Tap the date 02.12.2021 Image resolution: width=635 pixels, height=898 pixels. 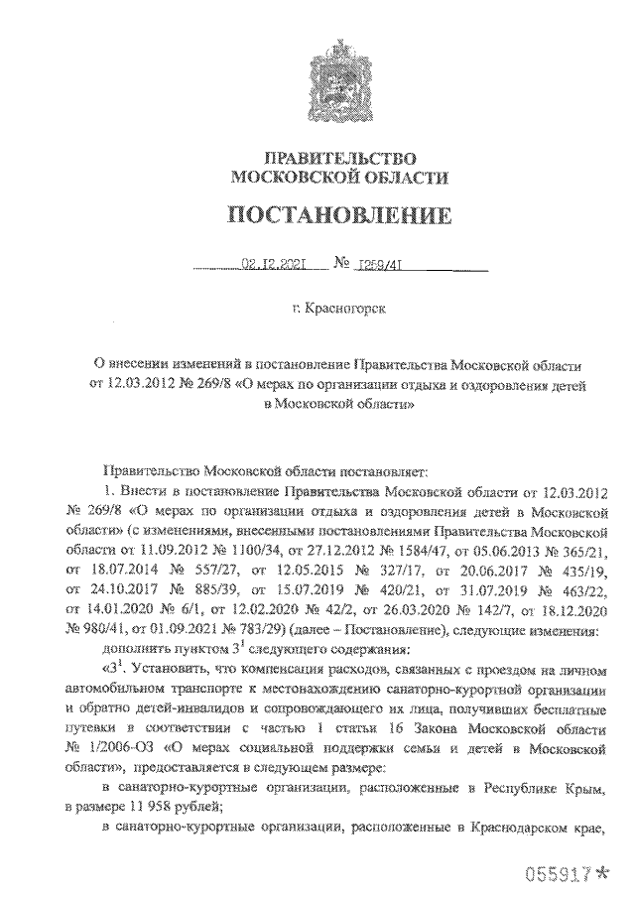(x=271, y=265)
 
